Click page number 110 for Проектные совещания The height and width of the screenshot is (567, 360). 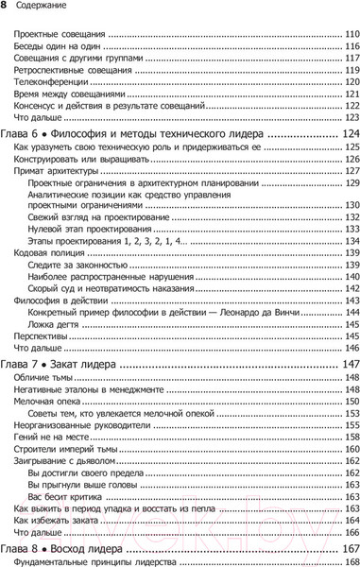(x=346, y=35)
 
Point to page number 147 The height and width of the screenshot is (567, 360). (x=343, y=365)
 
